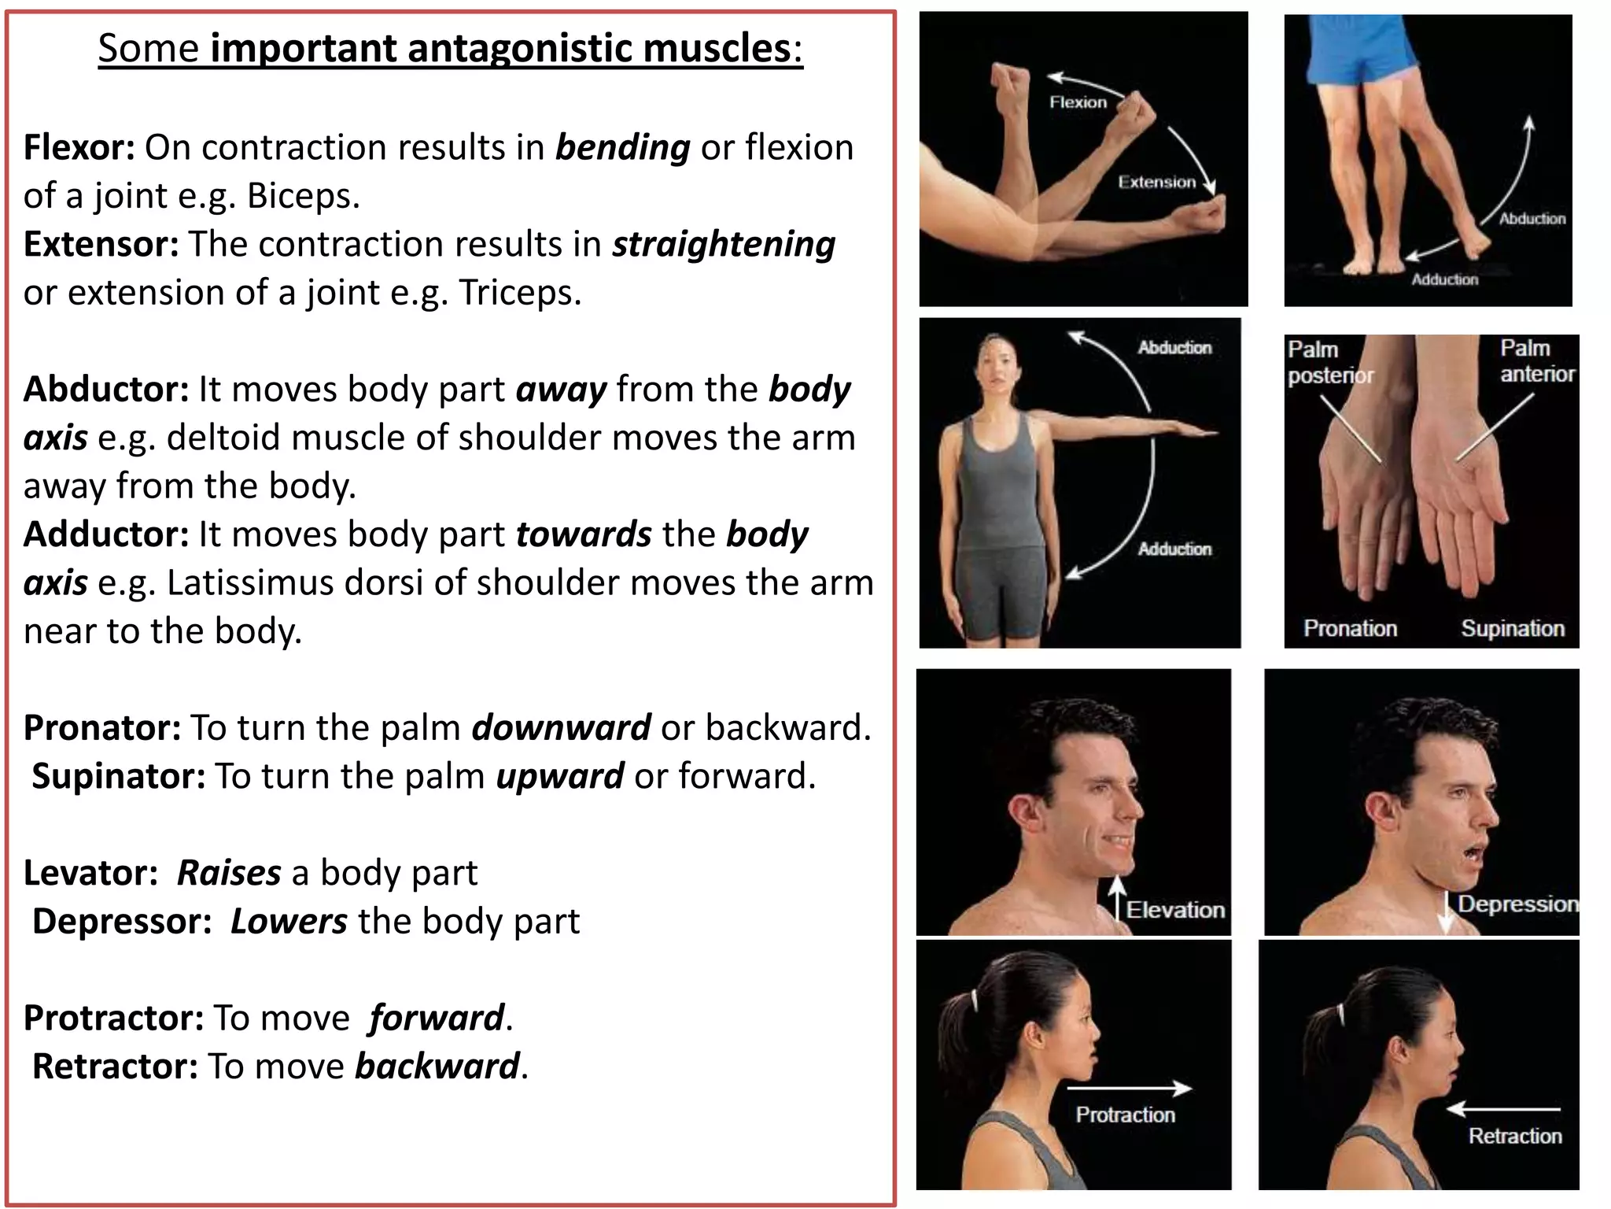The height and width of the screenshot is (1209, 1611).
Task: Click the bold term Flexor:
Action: tap(79, 147)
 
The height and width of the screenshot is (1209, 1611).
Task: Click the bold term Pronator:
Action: tap(102, 728)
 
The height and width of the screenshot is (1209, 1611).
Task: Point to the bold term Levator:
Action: tap(90, 873)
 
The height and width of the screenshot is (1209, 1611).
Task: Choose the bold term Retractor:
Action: tap(115, 1067)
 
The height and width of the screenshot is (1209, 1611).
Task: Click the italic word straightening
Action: tap(724, 245)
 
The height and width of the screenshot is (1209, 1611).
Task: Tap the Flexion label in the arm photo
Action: tap(1078, 102)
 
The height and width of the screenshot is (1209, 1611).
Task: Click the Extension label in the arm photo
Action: tap(1156, 183)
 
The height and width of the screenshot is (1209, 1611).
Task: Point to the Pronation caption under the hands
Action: tap(1350, 628)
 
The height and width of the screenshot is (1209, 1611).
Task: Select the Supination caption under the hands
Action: tap(1513, 628)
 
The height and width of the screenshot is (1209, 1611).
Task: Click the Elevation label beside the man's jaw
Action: tap(1175, 910)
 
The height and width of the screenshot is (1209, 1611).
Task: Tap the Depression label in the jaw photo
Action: tap(1517, 904)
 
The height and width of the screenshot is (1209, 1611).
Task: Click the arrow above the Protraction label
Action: tap(1130, 1089)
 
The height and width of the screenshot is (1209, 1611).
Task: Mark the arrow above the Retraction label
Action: tap(1503, 1109)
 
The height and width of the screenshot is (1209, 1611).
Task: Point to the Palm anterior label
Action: tap(1536, 360)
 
